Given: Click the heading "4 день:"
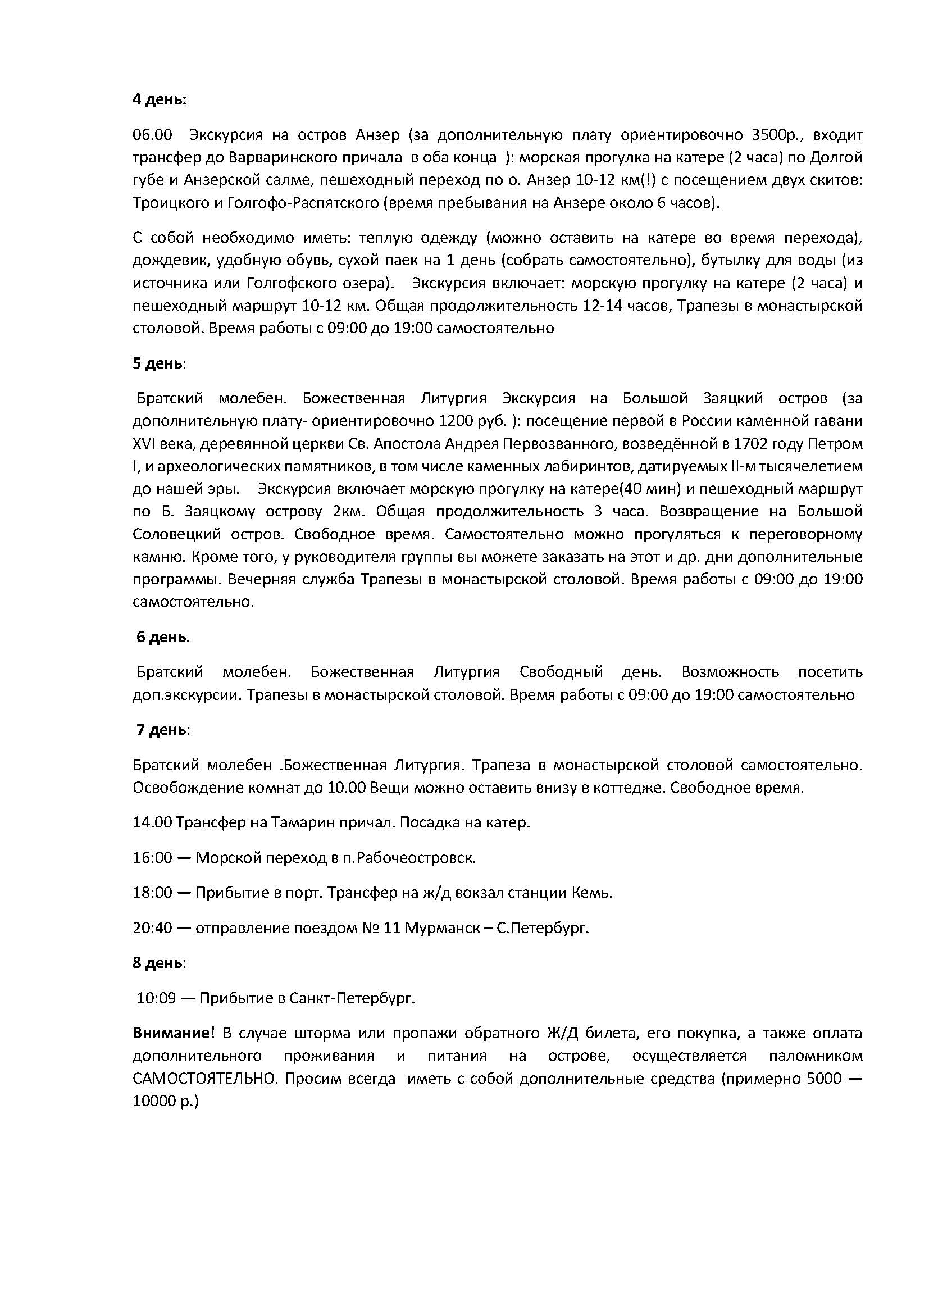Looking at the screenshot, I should [x=159, y=99].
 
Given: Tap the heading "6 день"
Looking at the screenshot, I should [x=161, y=637].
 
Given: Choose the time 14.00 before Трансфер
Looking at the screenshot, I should [x=152, y=822].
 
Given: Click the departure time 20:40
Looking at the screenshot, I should [x=152, y=927].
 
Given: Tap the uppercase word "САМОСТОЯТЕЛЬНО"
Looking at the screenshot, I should [x=204, y=1079].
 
